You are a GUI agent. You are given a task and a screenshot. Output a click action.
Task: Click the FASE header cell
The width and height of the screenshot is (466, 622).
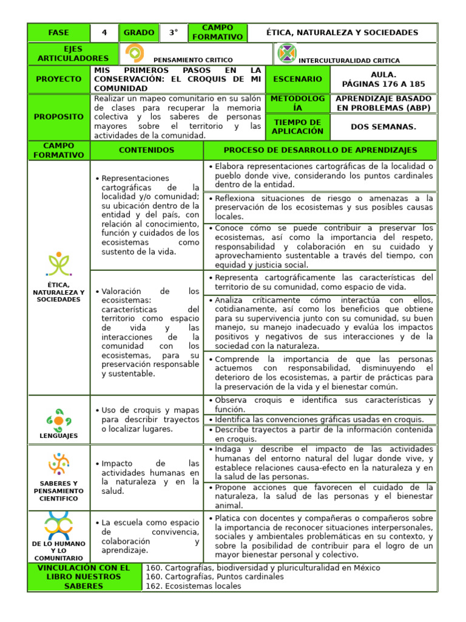click(58, 33)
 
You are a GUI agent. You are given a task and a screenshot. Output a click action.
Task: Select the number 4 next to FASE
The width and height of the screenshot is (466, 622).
click(104, 33)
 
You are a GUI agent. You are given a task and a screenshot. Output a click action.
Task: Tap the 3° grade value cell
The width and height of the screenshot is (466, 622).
click(174, 33)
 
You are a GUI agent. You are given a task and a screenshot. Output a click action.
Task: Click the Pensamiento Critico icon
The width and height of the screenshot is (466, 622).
click(134, 54)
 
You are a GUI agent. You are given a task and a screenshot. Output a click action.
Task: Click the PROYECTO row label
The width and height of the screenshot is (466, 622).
click(58, 79)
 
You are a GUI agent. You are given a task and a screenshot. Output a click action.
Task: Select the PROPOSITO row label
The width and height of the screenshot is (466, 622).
click(58, 117)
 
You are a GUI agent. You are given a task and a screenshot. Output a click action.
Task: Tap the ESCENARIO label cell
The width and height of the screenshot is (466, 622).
click(297, 79)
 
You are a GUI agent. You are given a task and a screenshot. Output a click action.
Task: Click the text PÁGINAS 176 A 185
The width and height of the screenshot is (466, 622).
click(383, 84)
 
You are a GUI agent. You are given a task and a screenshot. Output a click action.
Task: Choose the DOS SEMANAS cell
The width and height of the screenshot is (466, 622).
click(383, 127)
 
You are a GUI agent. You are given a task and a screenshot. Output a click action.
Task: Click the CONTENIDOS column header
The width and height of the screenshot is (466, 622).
click(146, 150)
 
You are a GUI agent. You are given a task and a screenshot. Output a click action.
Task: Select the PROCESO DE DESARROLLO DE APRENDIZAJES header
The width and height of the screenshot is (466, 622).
click(320, 150)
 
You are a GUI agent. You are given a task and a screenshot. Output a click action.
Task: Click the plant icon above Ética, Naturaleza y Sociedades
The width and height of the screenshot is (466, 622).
click(59, 265)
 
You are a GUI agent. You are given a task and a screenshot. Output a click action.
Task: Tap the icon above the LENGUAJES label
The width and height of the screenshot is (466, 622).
click(59, 419)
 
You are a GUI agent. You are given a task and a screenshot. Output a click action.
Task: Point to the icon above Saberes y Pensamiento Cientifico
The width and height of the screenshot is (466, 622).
click(59, 465)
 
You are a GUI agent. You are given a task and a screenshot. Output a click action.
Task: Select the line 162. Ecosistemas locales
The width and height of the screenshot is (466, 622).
click(194, 586)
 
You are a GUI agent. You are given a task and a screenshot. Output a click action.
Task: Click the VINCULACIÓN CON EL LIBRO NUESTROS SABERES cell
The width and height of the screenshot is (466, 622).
click(84, 577)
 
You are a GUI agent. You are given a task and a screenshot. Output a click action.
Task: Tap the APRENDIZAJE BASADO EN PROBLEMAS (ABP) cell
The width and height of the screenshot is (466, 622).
click(383, 103)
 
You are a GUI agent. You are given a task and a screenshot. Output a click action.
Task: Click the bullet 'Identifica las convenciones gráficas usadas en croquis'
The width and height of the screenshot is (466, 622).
click(319, 420)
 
